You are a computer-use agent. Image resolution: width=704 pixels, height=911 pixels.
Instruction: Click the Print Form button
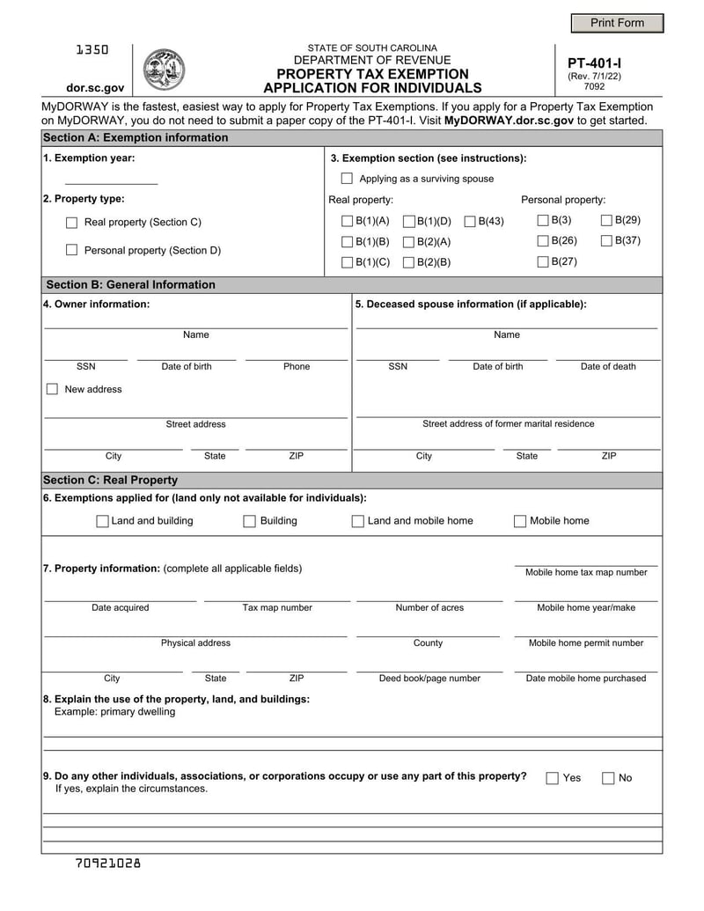pyautogui.click(x=617, y=23)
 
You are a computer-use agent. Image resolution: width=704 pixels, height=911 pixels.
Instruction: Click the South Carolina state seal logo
pyautogui.click(x=164, y=70)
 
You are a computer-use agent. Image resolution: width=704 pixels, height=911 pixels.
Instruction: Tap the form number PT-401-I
pyautogui.click(x=594, y=63)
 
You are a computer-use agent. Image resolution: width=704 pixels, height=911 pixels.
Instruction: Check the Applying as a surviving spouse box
pyautogui.click(x=347, y=179)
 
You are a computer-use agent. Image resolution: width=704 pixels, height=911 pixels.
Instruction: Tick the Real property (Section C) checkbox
pyautogui.click(x=72, y=223)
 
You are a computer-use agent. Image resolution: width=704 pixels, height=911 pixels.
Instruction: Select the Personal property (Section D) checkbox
pyautogui.click(x=72, y=251)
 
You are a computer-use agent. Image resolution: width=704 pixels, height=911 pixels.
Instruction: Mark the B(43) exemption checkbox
pyautogui.click(x=470, y=221)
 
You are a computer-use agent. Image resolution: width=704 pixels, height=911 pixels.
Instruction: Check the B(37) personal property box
pyautogui.click(x=606, y=241)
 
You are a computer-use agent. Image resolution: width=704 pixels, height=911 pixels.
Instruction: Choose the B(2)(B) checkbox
pyautogui.click(x=408, y=262)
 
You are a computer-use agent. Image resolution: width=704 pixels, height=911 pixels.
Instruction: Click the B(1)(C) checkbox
pyautogui.click(x=347, y=262)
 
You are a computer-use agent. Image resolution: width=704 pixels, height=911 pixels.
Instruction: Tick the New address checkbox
pyautogui.click(x=52, y=389)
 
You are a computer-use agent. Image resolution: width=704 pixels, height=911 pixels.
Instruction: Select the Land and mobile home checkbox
pyautogui.click(x=358, y=521)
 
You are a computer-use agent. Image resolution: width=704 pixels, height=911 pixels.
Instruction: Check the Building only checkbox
pyautogui.click(x=250, y=521)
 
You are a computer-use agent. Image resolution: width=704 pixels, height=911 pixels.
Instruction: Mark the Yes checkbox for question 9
pyautogui.click(x=553, y=778)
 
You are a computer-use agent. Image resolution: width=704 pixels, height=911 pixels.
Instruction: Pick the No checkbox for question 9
pyautogui.click(x=608, y=778)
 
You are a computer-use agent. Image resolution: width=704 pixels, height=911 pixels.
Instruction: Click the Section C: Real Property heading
pyautogui.click(x=110, y=480)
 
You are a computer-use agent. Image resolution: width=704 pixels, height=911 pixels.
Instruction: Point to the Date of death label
pyautogui.click(x=607, y=367)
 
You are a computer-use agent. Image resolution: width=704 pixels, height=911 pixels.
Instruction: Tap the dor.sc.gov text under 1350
pyautogui.click(x=95, y=88)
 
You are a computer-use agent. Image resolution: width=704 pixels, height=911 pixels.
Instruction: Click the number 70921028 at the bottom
pyautogui.click(x=107, y=863)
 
